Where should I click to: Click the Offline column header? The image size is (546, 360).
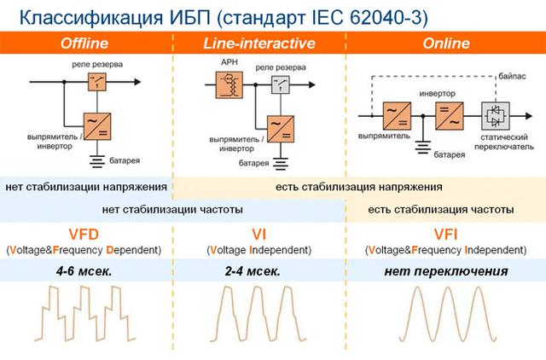coord(84,44)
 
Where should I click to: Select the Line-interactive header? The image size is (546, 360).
coord(259,44)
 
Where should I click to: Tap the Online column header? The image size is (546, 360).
coord(446,44)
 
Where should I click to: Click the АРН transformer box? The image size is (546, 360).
coord(229,85)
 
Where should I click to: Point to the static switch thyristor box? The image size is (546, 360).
coord(495,116)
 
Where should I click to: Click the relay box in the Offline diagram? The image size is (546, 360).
coord(96,82)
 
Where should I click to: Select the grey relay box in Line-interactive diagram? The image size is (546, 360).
coord(281,84)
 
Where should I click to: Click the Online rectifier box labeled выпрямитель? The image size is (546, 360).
coord(397,116)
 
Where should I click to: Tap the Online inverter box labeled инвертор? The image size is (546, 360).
coord(450,116)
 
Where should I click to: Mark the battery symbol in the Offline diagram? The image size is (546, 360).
coord(97,161)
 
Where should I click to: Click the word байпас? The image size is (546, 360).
coord(512,76)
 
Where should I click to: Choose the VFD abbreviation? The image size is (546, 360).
coord(84,235)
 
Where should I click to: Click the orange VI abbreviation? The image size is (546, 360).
coord(258,235)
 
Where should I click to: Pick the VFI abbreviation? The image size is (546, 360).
coord(445,235)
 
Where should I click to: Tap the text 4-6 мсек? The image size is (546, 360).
coord(84,271)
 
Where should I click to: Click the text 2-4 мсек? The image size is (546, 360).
coord(253,271)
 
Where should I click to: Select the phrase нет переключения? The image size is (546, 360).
coord(446,271)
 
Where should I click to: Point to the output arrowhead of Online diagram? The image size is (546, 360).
coord(529,116)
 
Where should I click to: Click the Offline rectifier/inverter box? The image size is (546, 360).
coord(97,126)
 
